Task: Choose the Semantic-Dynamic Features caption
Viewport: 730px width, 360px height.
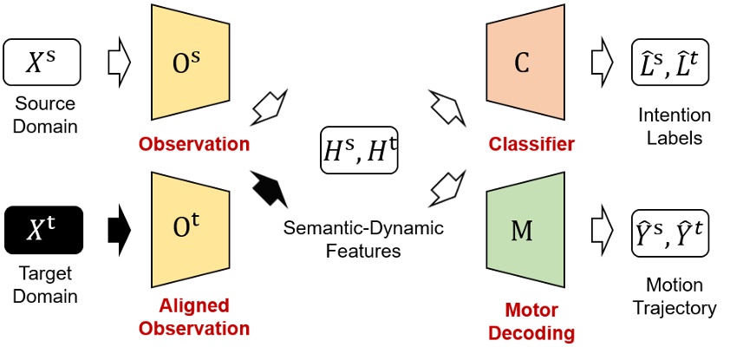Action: (x=363, y=240)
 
